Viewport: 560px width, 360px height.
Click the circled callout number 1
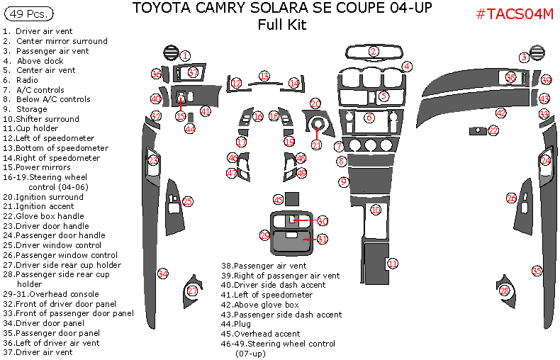tap(184, 55)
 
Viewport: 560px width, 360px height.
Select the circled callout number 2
tap(374, 51)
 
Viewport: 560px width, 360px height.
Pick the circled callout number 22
tap(493, 131)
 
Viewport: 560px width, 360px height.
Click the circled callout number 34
tap(163, 274)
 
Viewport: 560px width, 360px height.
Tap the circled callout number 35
tap(537, 271)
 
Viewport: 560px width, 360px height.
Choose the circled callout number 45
tap(279, 200)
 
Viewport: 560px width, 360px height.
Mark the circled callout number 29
tap(265, 235)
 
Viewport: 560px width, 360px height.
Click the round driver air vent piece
tap(170, 52)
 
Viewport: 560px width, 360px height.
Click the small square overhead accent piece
tap(292, 200)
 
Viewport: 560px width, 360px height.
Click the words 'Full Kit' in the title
tap(283, 25)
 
